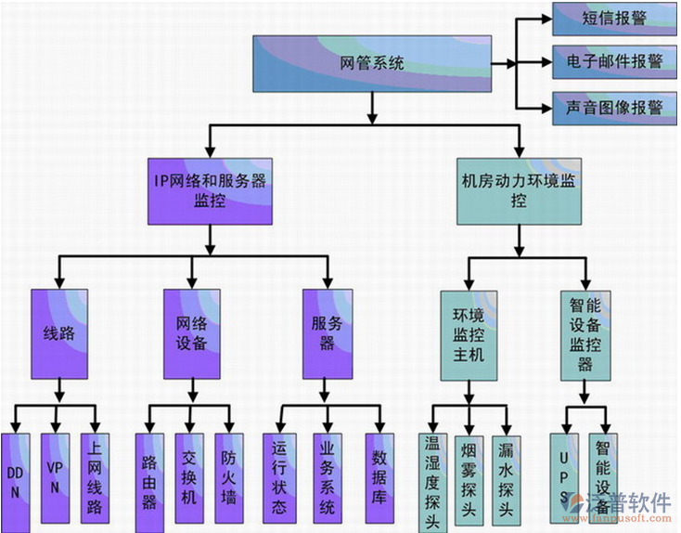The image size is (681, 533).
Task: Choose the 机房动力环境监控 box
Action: click(518, 191)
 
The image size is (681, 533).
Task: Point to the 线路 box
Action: click(59, 332)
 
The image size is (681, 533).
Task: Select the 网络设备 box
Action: click(191, 332)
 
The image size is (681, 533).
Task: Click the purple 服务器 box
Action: click(328, 332)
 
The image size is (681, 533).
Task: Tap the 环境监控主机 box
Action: click(468, 332)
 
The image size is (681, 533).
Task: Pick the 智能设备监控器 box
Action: click(585, 332)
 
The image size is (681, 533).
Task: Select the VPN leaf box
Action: click(56, 477)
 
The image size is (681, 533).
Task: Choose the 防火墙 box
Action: click(229, 477)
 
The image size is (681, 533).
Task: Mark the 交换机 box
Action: click(189, 477)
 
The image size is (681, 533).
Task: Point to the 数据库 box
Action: click(379, 477)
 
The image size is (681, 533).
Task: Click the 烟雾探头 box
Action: click(468, 479)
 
